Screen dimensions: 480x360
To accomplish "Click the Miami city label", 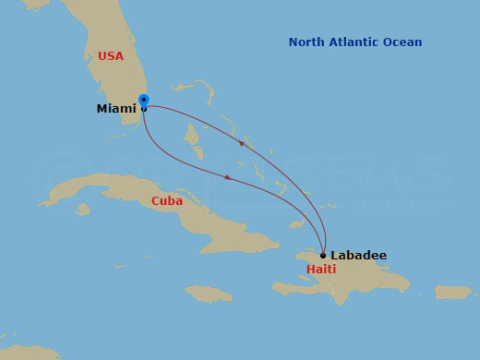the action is (x=115, y=109).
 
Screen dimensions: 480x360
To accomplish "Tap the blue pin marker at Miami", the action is (x=143, y=101).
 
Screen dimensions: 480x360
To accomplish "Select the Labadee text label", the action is (x=359, y=255).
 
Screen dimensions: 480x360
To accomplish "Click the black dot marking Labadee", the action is (x=323, y=255).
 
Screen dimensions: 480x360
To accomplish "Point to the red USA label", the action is (x=111, y=56).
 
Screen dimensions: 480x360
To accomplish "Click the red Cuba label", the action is (x=167, y=201).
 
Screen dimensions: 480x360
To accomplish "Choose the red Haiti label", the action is (x=321, y=270).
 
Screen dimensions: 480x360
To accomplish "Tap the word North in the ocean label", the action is (x=307, y=42).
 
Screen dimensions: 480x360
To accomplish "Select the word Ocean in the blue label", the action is (x=405, y=42).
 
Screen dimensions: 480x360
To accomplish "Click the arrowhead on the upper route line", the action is (x=242, y=142).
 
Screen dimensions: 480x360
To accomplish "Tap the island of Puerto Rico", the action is (x=452, y=292).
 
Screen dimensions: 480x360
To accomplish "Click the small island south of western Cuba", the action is (x=83, y=210).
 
